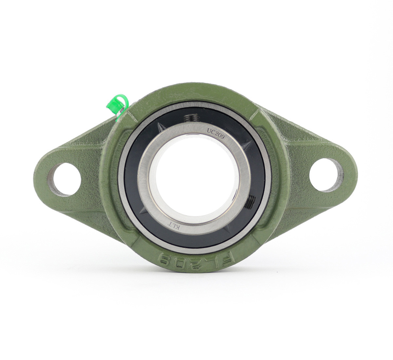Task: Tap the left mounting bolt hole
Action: coord(65,180)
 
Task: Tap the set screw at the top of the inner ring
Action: coord(192,119)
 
